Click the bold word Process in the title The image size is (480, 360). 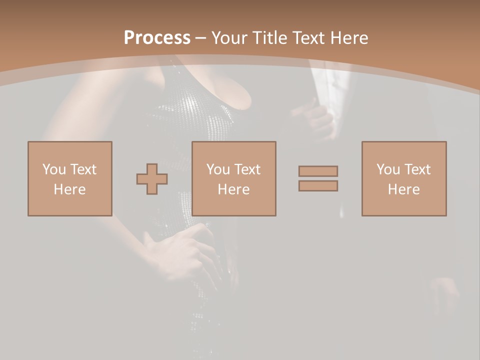click(x=157, y=37)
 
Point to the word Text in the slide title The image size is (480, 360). click(x=309, y=38)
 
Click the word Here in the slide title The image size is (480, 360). click(x=349, y=38)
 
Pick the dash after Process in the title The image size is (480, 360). click(x=200, y=38)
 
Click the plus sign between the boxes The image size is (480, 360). click(x=152, y=179)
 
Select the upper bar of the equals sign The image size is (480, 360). click(x=318, y=171)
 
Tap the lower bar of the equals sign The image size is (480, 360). click(x=318, y=185)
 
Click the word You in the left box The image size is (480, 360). click(x=54, y=169)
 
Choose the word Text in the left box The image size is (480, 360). click(x=82, y=169)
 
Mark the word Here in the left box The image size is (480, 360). click(x=69, y=189)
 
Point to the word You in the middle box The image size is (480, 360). click(x=218, y=169)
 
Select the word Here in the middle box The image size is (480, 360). click(x=233, y=189)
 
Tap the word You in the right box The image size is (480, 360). click(x=388, y=169)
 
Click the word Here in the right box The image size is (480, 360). click(x=403, y=189)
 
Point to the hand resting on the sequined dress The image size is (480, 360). click(x=180, y=250)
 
